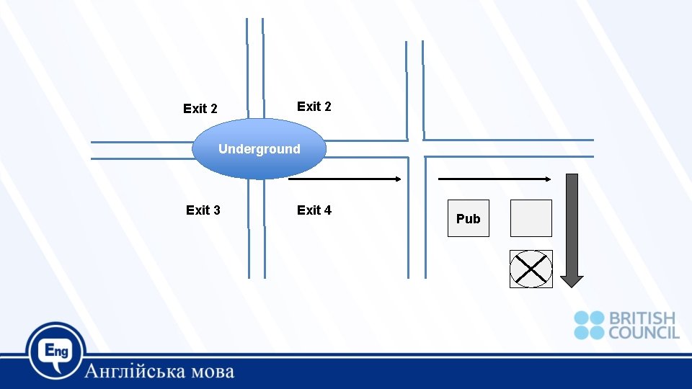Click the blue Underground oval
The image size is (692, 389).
[259, 149]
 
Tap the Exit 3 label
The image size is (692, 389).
[203, 210]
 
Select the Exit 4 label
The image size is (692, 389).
[314, 210]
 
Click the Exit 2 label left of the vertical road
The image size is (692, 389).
[200, 109]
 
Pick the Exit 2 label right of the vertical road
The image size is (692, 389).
[314, 107]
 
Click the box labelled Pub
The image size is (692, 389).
[468, 218]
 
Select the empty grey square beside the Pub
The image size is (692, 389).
[531, 218]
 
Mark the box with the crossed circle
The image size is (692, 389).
[531, 269]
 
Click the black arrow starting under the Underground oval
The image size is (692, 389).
[344, 179]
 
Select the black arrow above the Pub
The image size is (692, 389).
[494, 179]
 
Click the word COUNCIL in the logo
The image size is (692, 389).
[644, 332]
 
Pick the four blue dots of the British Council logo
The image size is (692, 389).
[589, 325]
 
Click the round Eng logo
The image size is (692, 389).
[56, 351]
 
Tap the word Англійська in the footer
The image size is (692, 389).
[136, 372]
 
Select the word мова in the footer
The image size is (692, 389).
[213, 372]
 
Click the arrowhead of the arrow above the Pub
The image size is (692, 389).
[549, 179]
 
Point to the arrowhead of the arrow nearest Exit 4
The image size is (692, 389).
[398, 179]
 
